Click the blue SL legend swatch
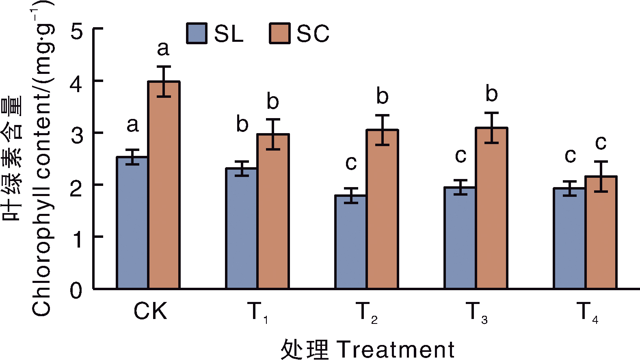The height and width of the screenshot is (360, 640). [x=197, y=33]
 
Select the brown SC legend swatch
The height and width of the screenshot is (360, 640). [x=279, y=33]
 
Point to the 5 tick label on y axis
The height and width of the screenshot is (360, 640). [x=76, y=31]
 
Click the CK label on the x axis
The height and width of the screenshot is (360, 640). [x=150, y=312]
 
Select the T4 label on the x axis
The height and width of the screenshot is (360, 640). [x=587, y=313]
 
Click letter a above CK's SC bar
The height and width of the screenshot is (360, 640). [x=163, y=49]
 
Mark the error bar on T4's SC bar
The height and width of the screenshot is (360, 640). [x=601, y=176]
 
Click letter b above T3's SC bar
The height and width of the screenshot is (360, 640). [x=491, y=94]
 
